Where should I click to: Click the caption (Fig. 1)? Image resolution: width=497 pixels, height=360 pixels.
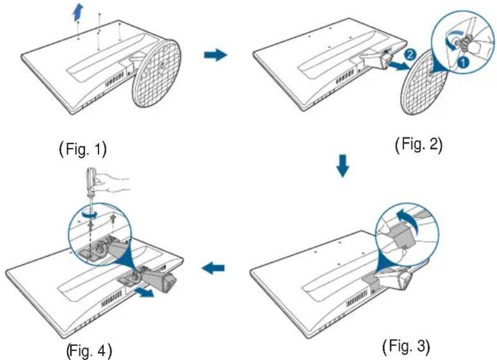83,149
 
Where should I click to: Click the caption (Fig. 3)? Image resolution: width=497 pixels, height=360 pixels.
406,347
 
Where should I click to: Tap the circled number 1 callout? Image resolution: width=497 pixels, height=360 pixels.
463,62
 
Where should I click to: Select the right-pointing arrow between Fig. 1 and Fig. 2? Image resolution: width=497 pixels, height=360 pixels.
216,55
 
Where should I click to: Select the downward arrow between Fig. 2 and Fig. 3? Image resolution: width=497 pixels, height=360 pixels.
342,166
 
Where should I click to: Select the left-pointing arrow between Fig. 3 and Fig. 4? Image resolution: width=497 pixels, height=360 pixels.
213,269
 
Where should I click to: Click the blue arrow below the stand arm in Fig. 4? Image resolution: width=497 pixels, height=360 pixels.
144,293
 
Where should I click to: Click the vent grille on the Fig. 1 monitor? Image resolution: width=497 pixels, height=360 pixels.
114,78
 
